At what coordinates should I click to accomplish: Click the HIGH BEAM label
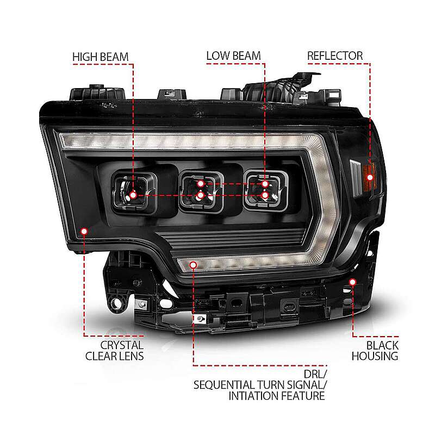pyautogui.click(x=101, y=57)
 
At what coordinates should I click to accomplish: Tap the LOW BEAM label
pyautogui.click(x=234, y=56)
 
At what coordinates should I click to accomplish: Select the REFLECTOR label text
pyautogui.click(x=335, y=56)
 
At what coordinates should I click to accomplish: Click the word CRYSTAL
pyautogui.click(x=122, y=345)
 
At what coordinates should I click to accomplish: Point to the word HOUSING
pyautogui.click(x=375, y=356)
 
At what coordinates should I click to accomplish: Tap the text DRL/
pyautogui.click(x=315, y=374)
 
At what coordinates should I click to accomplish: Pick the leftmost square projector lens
pyautogui.click(x=134, y=192)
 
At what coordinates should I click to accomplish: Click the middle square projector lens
pyautogui.click(x=201, y=191)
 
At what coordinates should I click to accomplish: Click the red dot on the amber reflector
pyautogui.click(x=370, y=177)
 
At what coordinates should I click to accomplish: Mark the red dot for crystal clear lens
pyautogui.click(x=84, y=231)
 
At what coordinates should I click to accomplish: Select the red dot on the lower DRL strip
pyautogui.click(x=193, y=265)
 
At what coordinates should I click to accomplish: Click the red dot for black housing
pyautogui.click(x=352, y=282)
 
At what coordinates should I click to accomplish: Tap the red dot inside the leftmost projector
pyautogui.click(x=133, y=195)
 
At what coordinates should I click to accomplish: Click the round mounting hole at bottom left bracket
pyautogui.click(x=116, y=304)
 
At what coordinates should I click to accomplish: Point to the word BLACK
pyautogui.click(x=382, y=345)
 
